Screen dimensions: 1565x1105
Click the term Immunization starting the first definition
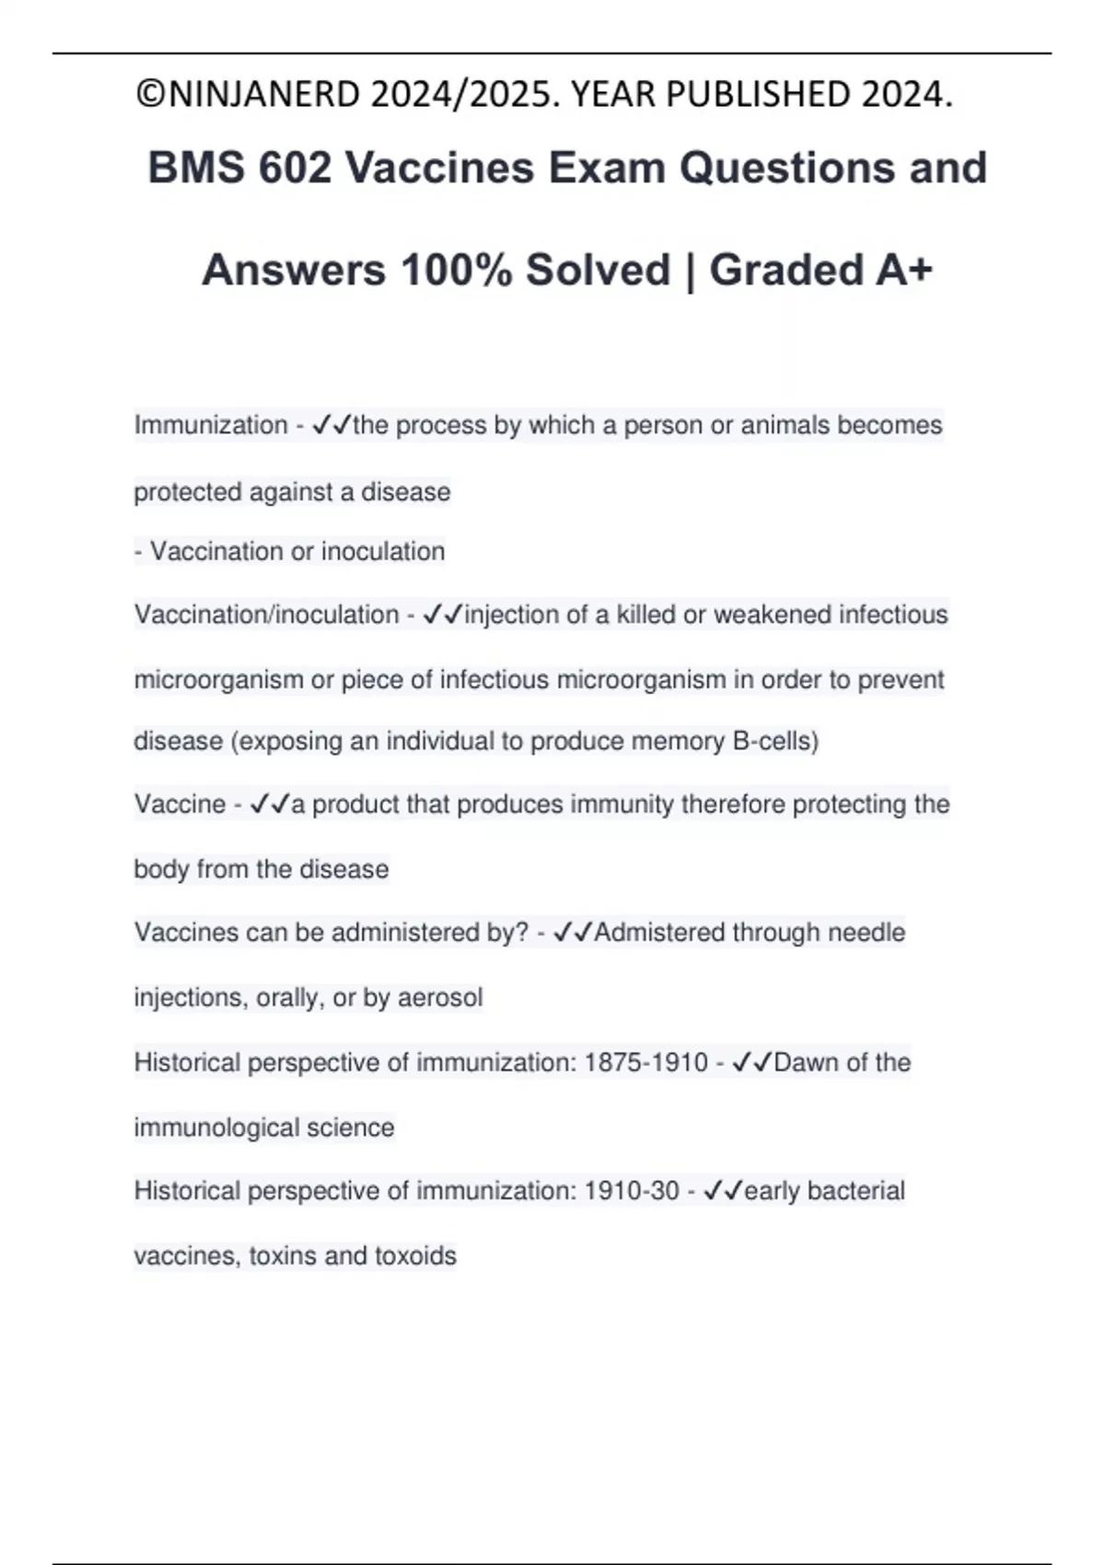(211, 425)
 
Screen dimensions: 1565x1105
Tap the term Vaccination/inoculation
(266, 615)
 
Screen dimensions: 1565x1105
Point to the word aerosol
(440, 998)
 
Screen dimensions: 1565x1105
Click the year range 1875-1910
(646, 1063)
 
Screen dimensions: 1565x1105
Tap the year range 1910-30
(632, 1191)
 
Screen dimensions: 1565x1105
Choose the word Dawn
(806, 1063)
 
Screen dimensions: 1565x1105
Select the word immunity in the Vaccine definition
(622, 805)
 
